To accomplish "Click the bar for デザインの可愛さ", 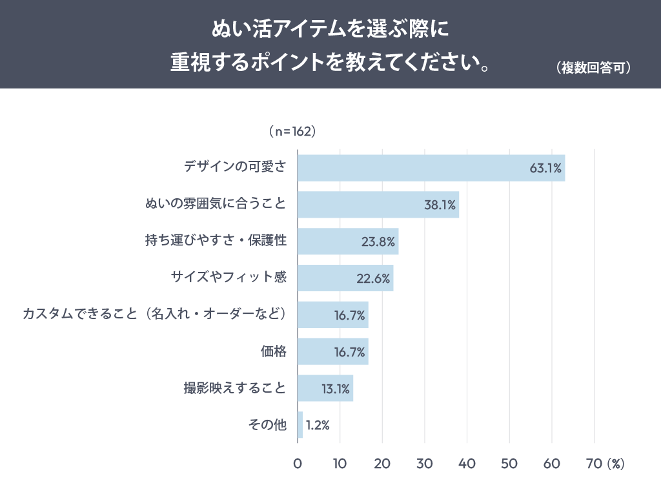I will click(431, 168).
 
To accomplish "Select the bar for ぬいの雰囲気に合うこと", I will click(378, 205).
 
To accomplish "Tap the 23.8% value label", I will click(378, 242).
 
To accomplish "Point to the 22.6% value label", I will click(373, 279).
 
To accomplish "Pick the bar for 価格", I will click(333, 352).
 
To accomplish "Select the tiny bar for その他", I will click(300, 425).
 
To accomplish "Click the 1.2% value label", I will click(318, 426).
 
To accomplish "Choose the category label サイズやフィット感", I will click(229, 278).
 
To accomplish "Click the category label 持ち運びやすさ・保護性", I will click(216, 242).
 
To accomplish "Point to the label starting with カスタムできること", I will click(154, 315).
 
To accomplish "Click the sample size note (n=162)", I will click(291, 131).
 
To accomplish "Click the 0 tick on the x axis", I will click(298, 464).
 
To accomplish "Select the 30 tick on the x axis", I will click(425, 464).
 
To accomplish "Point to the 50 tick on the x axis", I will click(509, 464).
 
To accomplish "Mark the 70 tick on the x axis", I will click(594, 464).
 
